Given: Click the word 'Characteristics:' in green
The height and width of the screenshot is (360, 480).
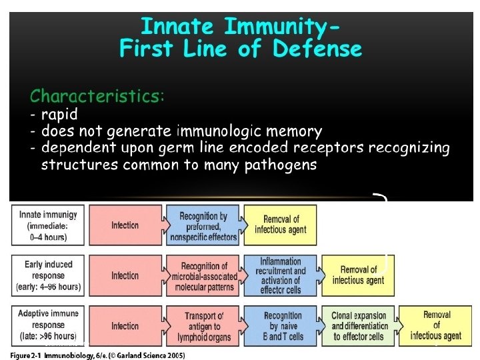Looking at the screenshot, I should click(97, 95).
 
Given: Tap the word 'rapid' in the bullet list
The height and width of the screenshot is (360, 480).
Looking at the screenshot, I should click(59, 113).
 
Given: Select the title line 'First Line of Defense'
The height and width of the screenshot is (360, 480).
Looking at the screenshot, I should click(241, 49).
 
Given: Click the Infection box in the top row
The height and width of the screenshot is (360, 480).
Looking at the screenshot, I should click(125, 225).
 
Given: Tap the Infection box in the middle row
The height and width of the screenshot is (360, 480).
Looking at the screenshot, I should click(125, 275).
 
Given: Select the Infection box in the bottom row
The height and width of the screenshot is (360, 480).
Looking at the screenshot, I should click(125, 326).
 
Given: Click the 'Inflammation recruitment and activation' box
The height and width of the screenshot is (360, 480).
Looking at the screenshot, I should click(281, 275).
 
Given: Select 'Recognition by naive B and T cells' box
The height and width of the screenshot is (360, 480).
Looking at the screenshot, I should click(282, 326).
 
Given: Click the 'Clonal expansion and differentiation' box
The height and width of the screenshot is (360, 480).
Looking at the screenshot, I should click(359, 326).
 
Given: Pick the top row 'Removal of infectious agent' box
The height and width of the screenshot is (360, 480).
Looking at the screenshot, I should click(281, 225).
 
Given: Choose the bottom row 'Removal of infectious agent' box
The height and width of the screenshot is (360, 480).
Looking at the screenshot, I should click(436, 326).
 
